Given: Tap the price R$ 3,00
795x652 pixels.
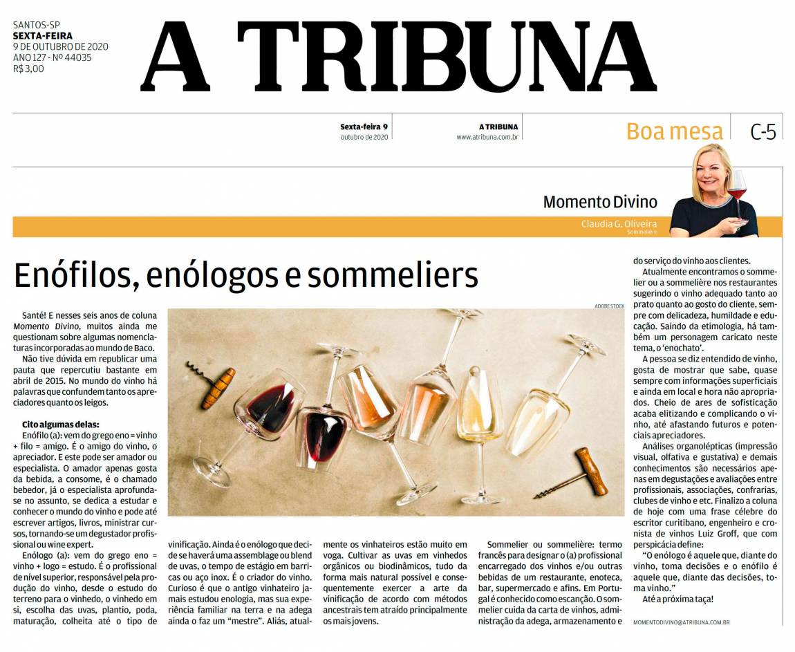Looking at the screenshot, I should pos(28,68).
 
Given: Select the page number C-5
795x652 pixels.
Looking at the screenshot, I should pos(763,131).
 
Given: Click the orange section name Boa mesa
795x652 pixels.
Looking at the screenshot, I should pos(674,131).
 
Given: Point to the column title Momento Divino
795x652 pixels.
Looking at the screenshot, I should pos(599,202).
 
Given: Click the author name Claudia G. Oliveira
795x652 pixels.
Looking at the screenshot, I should pos(619,224).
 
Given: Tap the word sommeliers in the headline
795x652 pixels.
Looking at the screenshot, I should pos(393,275).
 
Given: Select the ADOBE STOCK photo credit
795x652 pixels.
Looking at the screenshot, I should pos(609,306).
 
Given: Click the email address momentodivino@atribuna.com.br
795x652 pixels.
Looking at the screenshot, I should pos(682,622).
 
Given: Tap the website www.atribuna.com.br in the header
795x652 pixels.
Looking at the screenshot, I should pos(487,137).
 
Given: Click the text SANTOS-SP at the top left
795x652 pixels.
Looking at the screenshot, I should pos(37,26).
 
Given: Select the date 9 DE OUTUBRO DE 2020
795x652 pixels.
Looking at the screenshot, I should pos(60,47).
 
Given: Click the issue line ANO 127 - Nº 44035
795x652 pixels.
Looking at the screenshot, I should pos(52,57).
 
